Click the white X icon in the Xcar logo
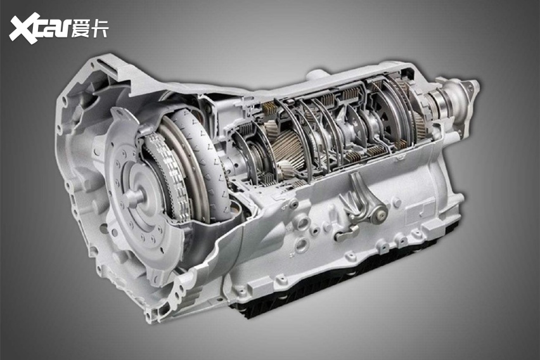25,29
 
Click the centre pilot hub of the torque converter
136,194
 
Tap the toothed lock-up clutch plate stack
165,172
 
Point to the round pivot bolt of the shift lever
380,215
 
